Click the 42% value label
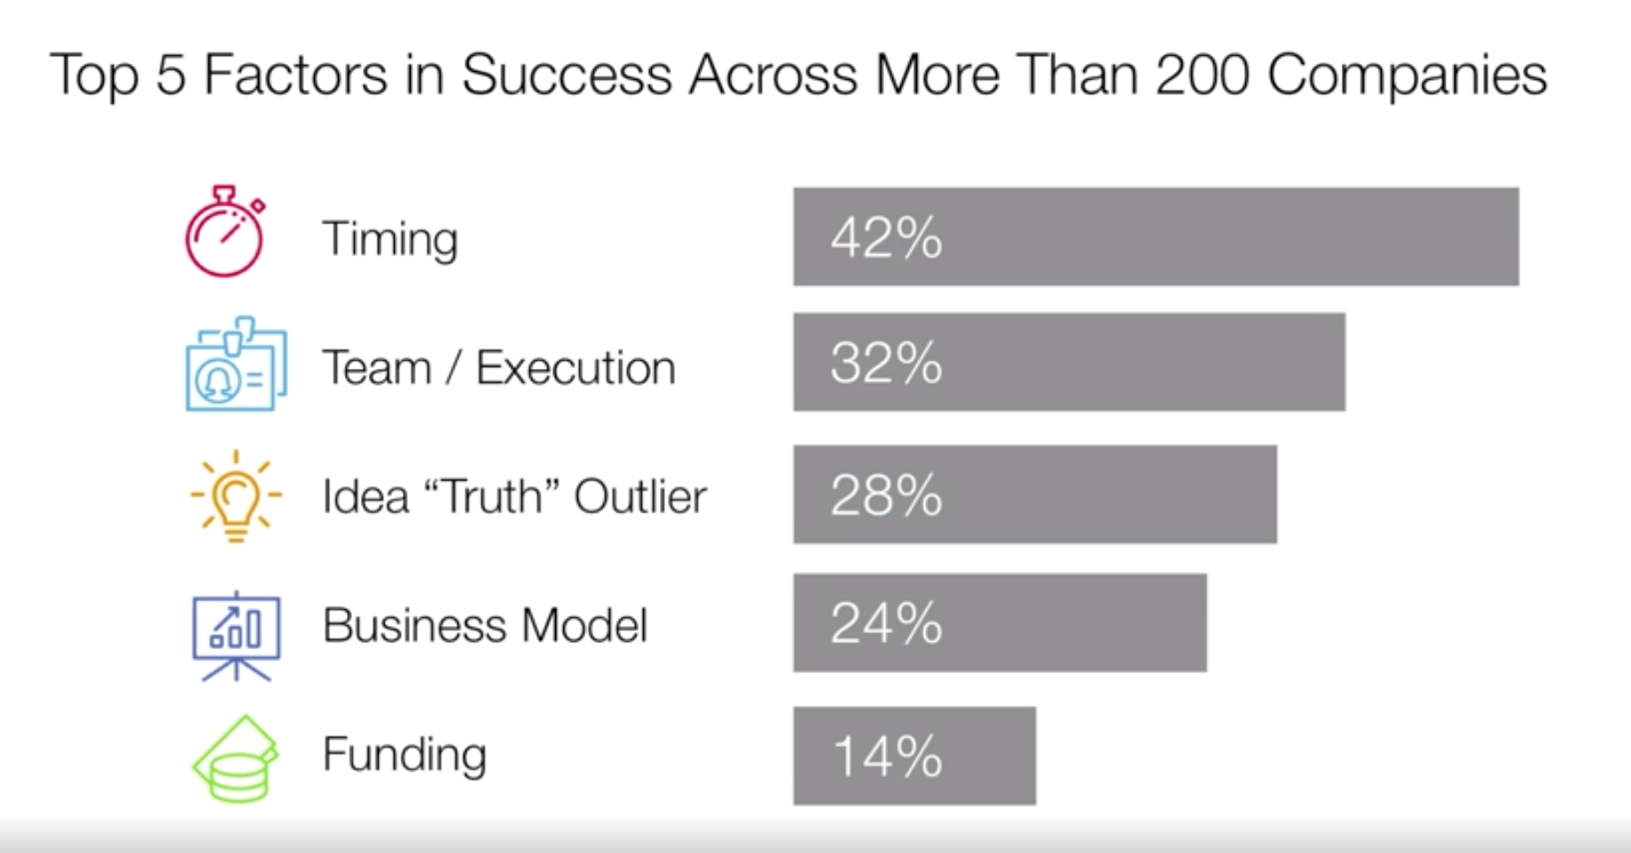886,238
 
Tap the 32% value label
886,363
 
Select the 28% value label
886,495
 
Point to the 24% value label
886,623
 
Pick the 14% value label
887,756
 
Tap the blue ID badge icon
235,364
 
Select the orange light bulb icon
235,496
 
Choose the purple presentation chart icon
236,635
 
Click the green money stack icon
235,760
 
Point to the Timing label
390,239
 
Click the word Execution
576,368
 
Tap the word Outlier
640,497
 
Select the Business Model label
485,625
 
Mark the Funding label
404,755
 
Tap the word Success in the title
567,74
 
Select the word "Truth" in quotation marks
492,496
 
